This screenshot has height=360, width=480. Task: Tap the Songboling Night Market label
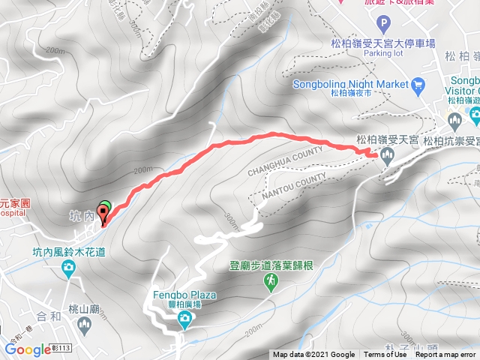pyautogui.click(x=352, y=83)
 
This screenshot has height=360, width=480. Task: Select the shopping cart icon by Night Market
pyautogui.click(x=418, y=83)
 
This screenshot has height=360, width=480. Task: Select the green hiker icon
pyautogui.click(x=271, y=280)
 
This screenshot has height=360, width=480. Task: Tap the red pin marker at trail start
pyautogui.click(x=102, y=215)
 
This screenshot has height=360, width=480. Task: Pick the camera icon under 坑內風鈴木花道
pyautogui.click(x=69, y=268)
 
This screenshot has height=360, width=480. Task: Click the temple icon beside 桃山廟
pyautogui.click(x=85, y=325)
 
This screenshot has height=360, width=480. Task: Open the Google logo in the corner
pyautogui.click(x=28, y=349)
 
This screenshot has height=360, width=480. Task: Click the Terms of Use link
pyautogui.click(x=381, y=355)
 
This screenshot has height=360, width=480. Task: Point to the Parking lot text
pyautogui.click(x=385, y=53)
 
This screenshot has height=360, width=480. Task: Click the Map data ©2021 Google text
pyautogui.click(x=314, y=355)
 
